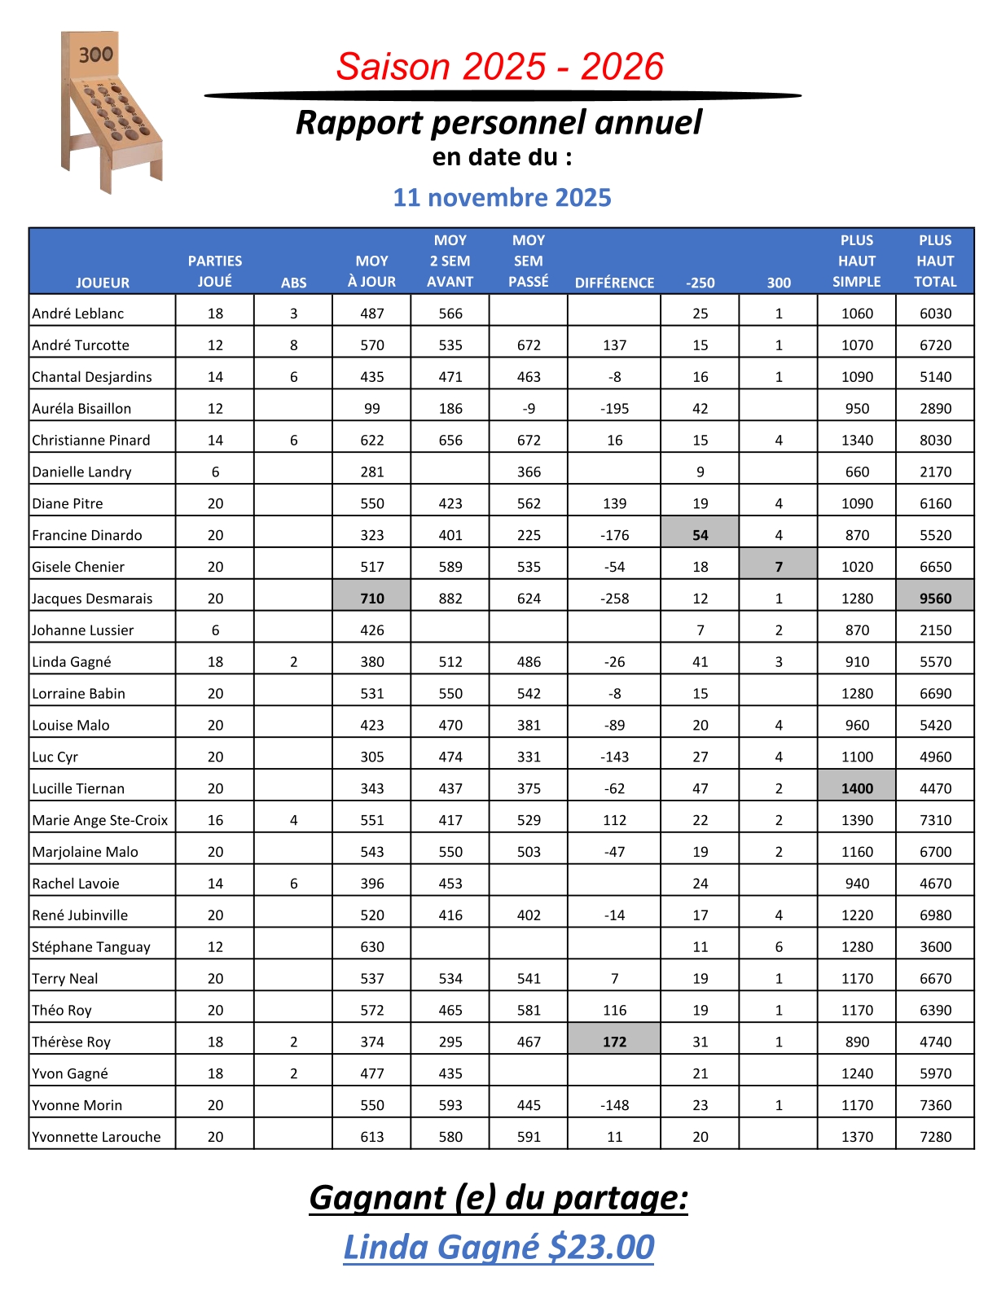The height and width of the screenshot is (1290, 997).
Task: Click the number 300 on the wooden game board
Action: tap(95, 55)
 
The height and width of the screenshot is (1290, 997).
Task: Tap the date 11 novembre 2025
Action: tap(502, 197)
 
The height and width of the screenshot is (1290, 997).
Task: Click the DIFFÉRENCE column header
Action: tap(614, 283)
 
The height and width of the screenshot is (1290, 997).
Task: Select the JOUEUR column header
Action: tap(103, 283)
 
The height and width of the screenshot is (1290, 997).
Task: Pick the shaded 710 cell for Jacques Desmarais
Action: tap(372, 599)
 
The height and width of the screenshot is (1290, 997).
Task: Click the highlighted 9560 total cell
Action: tap(935, 599)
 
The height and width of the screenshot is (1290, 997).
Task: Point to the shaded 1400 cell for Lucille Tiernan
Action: tap(857, 788)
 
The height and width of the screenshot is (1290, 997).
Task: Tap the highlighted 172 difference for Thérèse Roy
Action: tap(614, 1042)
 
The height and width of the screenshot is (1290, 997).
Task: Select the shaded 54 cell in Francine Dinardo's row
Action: tap(701, 535)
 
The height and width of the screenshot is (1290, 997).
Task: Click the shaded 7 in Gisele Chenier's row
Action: tap(779, 567)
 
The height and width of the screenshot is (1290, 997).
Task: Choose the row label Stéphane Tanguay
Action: tap(91, 946)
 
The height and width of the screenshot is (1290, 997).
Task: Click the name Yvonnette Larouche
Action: tap(96, 1137)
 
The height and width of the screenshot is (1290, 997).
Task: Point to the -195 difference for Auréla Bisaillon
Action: tap(614, 409)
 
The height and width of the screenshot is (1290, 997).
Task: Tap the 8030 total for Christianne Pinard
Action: tap(935, 441)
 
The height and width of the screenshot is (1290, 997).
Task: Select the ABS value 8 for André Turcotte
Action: tap(294, 345)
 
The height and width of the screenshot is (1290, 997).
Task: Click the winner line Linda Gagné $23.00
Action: tap(498, 1247)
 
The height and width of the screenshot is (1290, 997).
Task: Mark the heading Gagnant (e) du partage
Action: tap(498, 1197)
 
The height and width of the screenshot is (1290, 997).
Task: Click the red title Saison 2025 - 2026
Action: tap(500, 67)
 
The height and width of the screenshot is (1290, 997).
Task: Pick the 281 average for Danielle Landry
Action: tap(372, 472)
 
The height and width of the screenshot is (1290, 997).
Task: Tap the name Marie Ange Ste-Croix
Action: tap(100, 820)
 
